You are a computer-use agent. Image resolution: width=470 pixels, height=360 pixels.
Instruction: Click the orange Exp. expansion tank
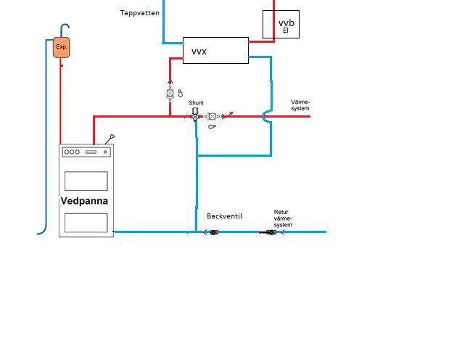[62, 47]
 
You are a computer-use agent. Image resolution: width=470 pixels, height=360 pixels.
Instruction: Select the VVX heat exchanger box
[215, 50]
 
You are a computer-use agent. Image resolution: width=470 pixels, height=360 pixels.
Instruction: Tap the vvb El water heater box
[281, 24]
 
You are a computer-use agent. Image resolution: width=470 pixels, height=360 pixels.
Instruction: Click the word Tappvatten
[140, 13]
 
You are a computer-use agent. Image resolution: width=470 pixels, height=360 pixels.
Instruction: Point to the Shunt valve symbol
[195, 114]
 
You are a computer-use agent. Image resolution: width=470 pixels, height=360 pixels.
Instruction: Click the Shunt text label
[196, 102]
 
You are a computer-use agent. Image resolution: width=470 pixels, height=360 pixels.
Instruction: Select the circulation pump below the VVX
[170, 94]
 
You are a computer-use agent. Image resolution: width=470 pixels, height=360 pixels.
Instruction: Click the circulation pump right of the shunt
[213, 116]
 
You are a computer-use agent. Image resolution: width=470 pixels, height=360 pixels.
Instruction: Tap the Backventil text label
[224, 216]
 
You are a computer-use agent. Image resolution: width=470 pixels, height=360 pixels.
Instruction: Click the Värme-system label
[300, 105]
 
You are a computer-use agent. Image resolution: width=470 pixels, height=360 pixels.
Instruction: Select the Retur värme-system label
[283, 218]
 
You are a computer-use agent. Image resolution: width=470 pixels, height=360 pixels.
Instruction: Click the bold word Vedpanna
[84, 201]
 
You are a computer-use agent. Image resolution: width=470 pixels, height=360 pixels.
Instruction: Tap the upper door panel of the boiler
[86, 181]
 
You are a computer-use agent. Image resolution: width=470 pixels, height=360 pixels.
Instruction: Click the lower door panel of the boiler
[86, 223]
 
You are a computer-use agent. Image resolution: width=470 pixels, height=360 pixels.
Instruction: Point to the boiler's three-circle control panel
[86, 152]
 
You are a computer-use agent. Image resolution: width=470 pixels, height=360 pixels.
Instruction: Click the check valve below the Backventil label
[214, 232]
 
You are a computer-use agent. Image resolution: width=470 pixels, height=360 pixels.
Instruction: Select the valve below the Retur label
[268, 232]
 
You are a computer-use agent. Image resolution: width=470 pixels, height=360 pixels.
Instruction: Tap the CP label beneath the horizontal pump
[212, 127]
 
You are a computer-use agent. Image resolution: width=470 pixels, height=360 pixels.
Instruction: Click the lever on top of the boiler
[110, 139]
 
